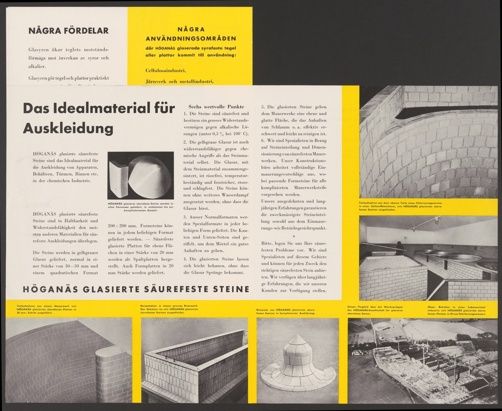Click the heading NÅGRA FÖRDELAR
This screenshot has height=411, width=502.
click(68, 30)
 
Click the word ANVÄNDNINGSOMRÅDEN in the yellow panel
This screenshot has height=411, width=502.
click(190, 38)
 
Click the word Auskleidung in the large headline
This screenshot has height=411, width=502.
click(68, 129)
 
